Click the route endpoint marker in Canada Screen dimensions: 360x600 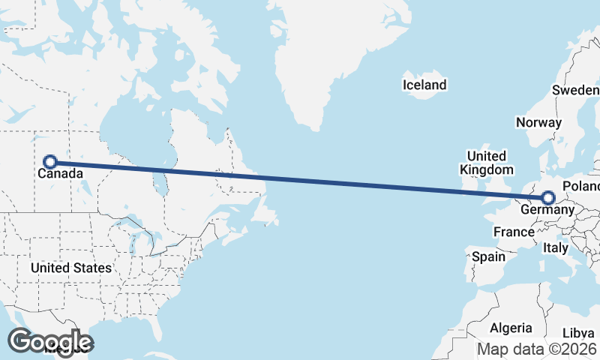tap(50, 161)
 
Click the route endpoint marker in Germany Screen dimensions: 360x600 tap(548, 198)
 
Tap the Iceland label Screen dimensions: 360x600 tap(424, 85)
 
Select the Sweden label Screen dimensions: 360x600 tap(576, 90)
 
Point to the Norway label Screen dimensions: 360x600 tap(538, 122)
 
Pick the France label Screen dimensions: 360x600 tap(514, 232)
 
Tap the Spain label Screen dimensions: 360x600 tap(488, 256)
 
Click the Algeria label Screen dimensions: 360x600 tap(511, 328)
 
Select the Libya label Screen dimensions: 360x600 tap(577, 332)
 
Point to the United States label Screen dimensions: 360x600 tap(71, 268)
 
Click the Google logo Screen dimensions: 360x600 tap(50, 341)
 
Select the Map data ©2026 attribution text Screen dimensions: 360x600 tap(537, 349)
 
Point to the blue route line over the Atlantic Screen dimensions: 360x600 tap(360, 184)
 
